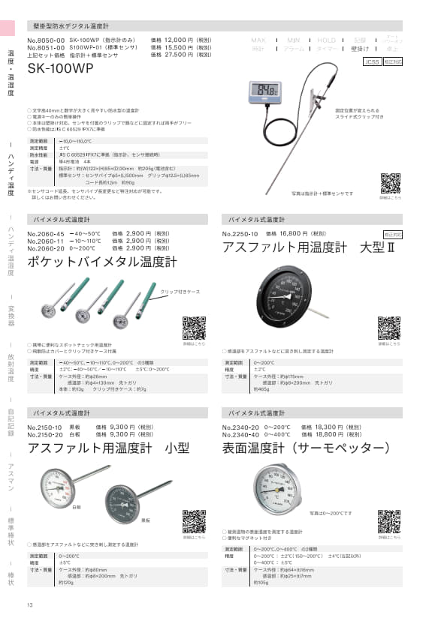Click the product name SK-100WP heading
[x=60, y=68]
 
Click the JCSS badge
[x=371, y=63]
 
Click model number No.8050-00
[x=47, y=40]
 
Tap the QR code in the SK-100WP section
[x=391, y=182]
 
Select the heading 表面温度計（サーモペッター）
[x=307, y=448]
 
